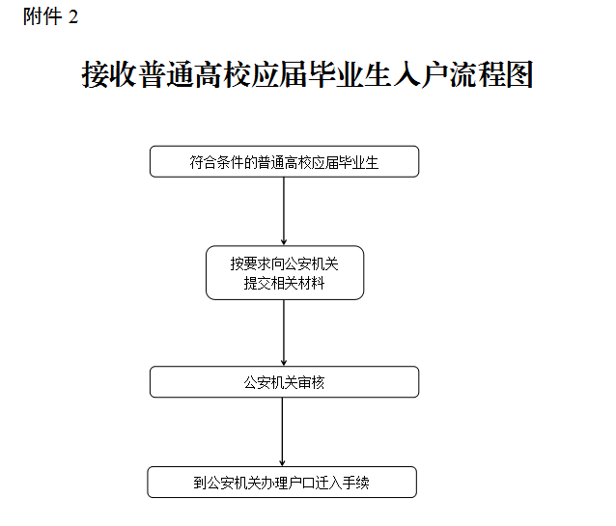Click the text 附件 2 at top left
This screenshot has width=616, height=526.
[50, 17]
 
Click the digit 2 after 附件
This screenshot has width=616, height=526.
[73, 17]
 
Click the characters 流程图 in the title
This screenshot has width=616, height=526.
[491, 74]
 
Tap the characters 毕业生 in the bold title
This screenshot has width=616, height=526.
[350, 74]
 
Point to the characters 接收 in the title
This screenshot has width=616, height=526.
[109, 74]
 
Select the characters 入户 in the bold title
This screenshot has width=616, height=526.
[420, 74]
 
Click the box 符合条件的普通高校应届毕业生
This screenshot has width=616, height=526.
[285, 161]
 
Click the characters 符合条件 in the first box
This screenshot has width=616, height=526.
[216, 162]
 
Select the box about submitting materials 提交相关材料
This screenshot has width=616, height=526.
[285, 272]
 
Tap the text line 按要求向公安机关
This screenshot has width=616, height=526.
[285, 263]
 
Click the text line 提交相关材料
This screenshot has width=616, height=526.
[285, 283]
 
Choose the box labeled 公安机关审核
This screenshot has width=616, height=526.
[285, 382]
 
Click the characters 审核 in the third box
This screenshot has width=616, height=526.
[311, 382]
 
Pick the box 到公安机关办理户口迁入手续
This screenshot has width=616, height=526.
[282, 482]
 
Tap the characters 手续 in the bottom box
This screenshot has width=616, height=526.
[355, 483]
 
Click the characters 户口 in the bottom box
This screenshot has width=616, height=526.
[301, 483]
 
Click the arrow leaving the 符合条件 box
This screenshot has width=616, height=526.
[284, 211]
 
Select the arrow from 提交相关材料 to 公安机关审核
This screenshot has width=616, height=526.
[284, 333]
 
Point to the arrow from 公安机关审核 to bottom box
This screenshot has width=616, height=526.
[282, 431]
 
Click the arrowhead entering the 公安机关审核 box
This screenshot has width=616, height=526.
[284, 363]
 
